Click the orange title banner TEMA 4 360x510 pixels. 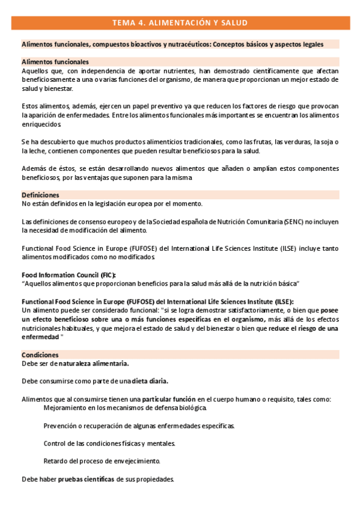pyautogui.click(x=180, y=23)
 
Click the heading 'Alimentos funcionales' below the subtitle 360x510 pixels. pyautogui.click(x=55, y=62)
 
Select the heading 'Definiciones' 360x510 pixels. pyautogui.click(x=40, y=195)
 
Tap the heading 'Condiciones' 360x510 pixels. pyautogui.click(x=40, y=355)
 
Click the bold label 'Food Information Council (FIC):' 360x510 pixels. pyautogui.click(x=69, y=274)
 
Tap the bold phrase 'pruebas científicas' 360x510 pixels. pyautogui.click(x=86, y=479)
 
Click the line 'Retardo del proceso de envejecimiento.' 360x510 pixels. pyautogui.click(x=102, y=461)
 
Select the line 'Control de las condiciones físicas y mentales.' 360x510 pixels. pyautogui.click(x=109, y=444)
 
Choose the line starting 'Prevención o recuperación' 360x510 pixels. pyautogui.click(x=139, y=426)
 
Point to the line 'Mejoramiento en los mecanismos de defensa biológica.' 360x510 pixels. pyautogui.click(x=125, y=408)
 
